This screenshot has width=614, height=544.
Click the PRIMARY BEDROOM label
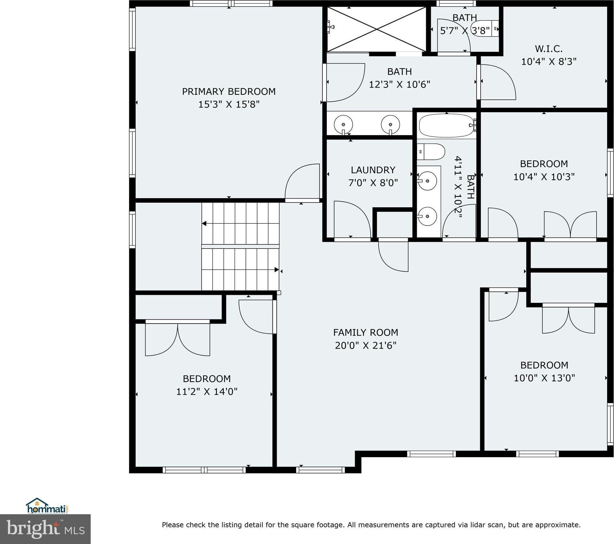click(228, 92)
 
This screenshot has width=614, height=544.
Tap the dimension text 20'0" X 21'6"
click(366, 345)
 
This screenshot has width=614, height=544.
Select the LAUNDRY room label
click(373, 170)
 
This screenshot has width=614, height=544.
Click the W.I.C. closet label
click(549, 49)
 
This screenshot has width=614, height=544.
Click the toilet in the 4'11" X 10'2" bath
click(430, 152)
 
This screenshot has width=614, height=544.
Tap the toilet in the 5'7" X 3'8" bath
click(485, 28)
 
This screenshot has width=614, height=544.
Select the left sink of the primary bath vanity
click(343, 125)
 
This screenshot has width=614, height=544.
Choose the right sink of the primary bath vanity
click(390, 125)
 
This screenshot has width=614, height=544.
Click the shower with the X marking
click(376, 29)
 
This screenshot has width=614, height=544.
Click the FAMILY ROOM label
click(366, 332)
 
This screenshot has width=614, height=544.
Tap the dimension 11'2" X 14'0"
click(207, 391)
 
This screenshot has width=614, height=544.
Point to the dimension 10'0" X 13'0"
click(544, 378)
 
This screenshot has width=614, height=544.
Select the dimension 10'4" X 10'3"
click(544, 177)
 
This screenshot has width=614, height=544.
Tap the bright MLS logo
click(45, 529)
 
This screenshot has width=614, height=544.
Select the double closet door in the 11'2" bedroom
click(177, 338)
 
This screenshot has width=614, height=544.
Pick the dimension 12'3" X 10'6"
click(400, 85)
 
